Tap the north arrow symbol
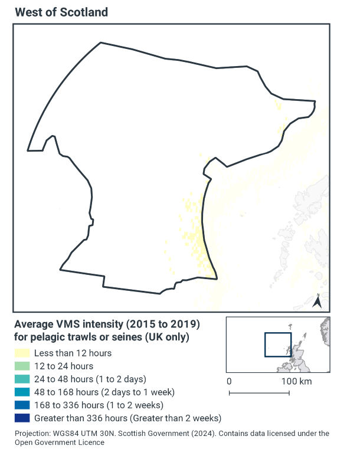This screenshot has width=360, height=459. (316, 301)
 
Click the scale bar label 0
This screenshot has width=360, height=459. (229, 381)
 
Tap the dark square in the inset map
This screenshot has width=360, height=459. (277, 345)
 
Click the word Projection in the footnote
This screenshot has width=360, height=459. (34, 434)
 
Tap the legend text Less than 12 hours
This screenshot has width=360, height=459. (73, 353)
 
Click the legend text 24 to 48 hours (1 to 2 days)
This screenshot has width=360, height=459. (90, 379)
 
